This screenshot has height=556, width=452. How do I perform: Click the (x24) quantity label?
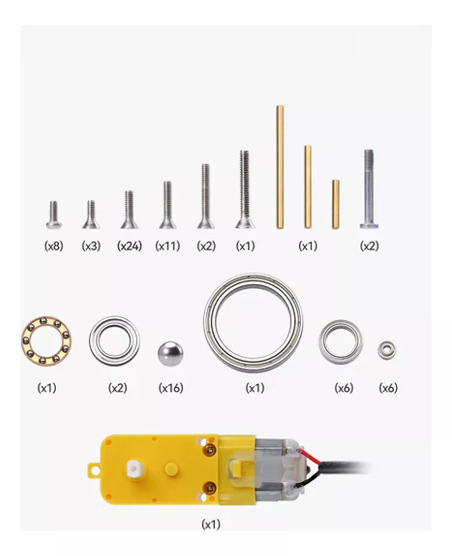point(129,245)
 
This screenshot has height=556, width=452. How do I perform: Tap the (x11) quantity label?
point(167,245)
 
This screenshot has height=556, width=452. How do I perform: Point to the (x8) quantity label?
point(53,245)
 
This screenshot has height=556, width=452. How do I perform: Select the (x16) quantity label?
point(171,388)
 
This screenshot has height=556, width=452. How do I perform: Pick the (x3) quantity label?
point(91,245)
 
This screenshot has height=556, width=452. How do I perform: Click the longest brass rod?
point(280,167)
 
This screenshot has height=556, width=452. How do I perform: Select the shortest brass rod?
point(336,204)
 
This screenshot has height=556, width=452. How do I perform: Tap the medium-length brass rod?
point(307,186)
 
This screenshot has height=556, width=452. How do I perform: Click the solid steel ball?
point(171,354)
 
